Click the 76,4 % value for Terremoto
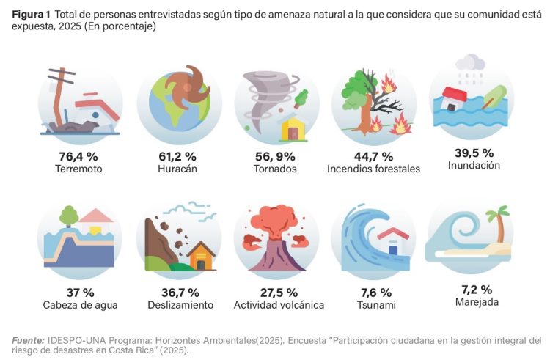[78, 156]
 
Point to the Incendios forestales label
[373, 169]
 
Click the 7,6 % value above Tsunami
[373, 293]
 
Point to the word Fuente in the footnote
[29, 339]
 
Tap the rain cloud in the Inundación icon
[470, 64]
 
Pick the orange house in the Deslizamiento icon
[200, 256]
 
